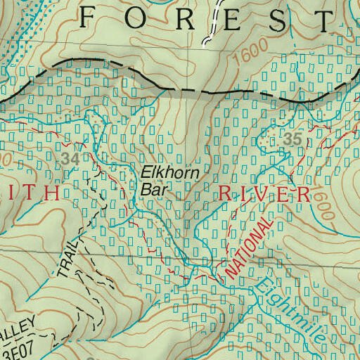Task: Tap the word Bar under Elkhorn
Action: pyautogui.click(x=151, y=188)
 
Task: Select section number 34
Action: pyautogui.click(x=69, y=159)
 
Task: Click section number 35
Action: pyautogui.click(x=293, y=140)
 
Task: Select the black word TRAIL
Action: pyautogui.click(x=65, y=259)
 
